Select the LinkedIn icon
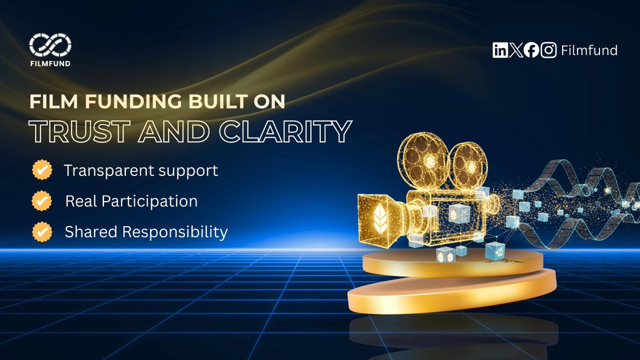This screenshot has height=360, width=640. (500, 51)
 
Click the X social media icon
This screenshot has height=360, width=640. (515, 51)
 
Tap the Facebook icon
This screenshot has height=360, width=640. (531, 51)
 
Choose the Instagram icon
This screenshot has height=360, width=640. (548, 51)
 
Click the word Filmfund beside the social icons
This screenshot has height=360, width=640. (589, 51)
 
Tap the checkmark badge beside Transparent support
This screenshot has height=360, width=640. (42, 171)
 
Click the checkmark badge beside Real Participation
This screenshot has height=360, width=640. (42, 201)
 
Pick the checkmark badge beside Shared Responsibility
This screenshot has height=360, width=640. (42, 232)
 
